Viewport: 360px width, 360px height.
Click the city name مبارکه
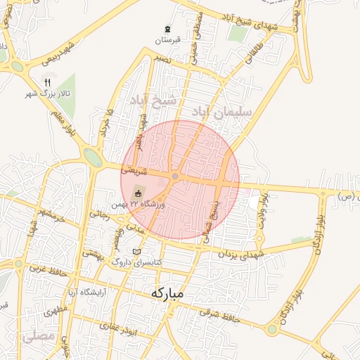[167, 293]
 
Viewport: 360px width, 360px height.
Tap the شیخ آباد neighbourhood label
[148, 103]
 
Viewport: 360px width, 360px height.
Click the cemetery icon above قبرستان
[167, 29]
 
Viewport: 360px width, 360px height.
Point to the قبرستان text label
[167, 40]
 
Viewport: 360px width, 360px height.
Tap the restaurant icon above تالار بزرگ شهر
[47, 82]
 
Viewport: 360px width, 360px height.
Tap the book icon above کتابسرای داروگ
[136, 252]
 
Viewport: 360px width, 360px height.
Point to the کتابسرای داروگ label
[138, 262]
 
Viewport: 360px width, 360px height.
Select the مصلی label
[39, 337]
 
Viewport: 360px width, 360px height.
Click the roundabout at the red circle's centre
[174, 176]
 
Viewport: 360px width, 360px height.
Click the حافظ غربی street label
[45, 269]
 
